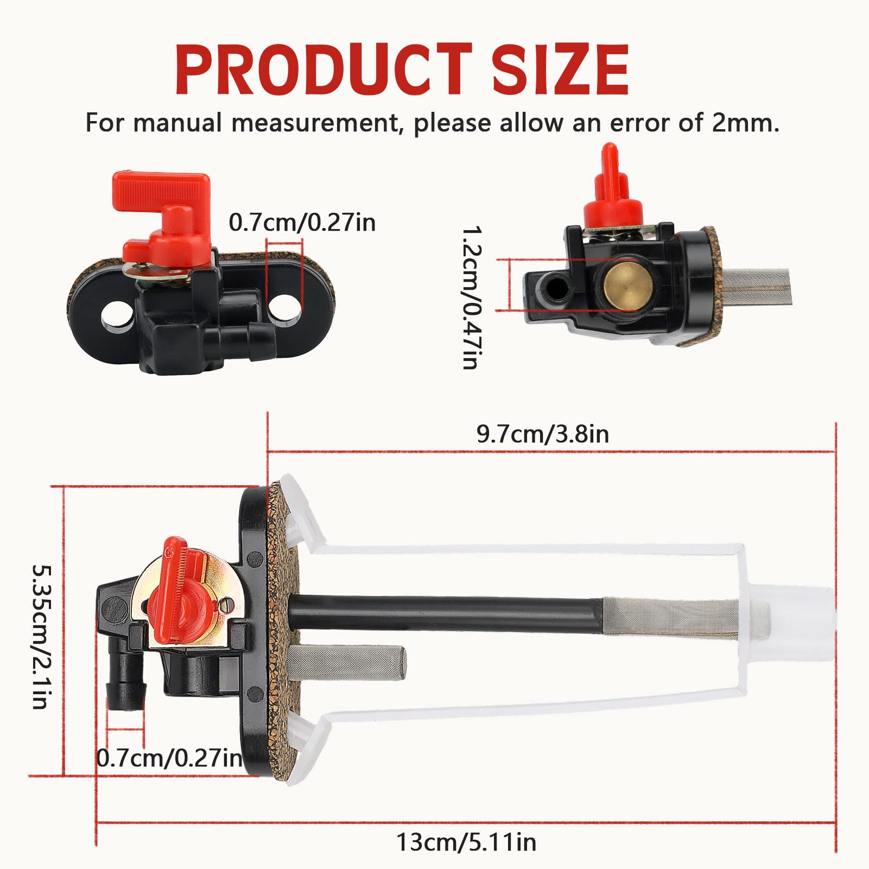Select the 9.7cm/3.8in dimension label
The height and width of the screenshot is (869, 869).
point(542,434)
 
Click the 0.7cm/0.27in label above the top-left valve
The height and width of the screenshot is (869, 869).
point(302,223)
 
